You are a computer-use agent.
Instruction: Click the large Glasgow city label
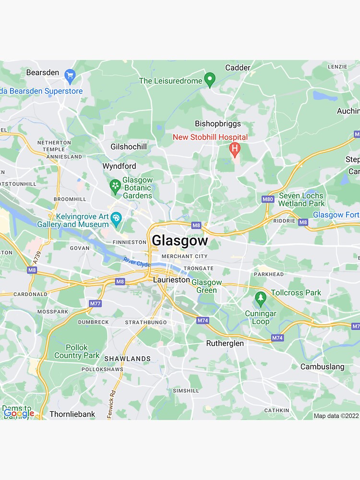pyautogui.click(x=180, y=240)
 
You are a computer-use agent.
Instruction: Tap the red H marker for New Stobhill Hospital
pyautogui.click(x=235, y=149)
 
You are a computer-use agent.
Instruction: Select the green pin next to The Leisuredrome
pyautogui.click(x=209, y=80)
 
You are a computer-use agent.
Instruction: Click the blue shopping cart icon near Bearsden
pyautogui.click(x=70, y=74)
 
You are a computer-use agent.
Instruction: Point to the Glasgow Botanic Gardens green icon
pyautogui.click(x=115, y=186)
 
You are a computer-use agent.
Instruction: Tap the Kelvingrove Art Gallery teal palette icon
pyautogui.click(x=116, y=219)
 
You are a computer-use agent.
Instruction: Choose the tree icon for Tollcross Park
pyautogui.click(x=261, y=299)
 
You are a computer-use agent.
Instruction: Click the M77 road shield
pyautogui.click(x=96, y=303)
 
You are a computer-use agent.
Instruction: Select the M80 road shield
pyautogui.click(x=268, y=199)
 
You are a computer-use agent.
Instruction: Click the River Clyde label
pyautogui.click(x=137, y=262)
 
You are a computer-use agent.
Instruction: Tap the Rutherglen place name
pyautogui.click(x=225, y=343)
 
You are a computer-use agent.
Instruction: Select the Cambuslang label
pyautogui.click(x=322, y=367)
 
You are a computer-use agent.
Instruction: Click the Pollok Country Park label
pyautogui.click(x=77, y=351)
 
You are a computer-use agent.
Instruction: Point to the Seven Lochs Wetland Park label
pyautogui.click(x=301, y=199)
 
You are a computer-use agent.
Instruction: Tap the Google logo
pyautogui.click(x=19, y=413)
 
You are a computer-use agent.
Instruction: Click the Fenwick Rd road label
pyautogui.click(x=111, y=404)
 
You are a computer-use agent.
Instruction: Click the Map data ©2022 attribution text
pyautogui.click(x=336, y=416)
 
